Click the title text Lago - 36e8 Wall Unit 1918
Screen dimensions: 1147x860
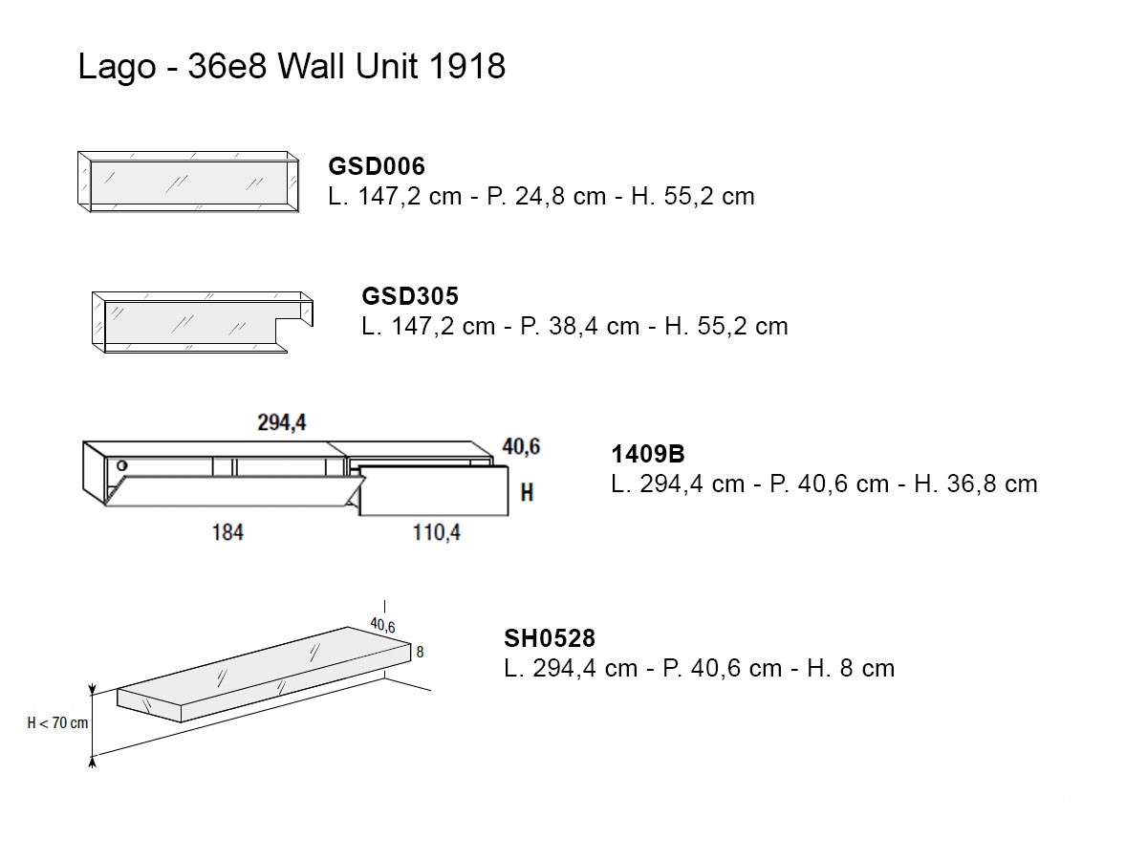pos(292,67)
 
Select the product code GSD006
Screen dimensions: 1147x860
pos(377,166)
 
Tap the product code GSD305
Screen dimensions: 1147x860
pos(410,296)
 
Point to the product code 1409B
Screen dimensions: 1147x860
pos(648,454)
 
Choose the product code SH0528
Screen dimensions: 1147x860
pos(550,638)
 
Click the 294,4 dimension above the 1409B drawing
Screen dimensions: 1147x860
pos(282,422)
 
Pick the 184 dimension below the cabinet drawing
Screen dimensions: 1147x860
pos(227,532)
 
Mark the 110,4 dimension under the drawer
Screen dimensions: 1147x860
pos(437,532)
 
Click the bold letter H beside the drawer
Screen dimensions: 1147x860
pos(527,492)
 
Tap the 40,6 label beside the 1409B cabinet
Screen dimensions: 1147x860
pos(521,447)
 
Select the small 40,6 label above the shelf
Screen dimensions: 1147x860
pos(382,625)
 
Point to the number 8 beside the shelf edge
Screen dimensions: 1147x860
pos(420,652)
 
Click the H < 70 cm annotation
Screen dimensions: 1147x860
pos(57,722)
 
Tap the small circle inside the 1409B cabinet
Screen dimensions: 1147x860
pos(122,465)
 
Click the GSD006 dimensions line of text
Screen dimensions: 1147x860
pos(541,196)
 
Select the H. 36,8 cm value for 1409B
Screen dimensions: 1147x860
pos(976,484)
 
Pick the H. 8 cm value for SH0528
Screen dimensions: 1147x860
pos(851,668)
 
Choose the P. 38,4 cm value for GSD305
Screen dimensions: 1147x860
pos(579,327)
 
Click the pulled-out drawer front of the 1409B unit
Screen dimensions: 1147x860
pos(434,491)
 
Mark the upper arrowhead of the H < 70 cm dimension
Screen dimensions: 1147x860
pos(93,691)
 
